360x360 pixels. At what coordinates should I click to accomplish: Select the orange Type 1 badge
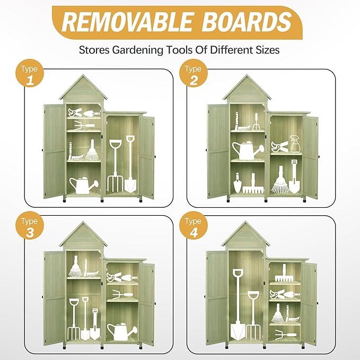[x=30, y=74]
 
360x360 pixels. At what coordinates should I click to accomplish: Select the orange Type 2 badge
[x=194, y=74]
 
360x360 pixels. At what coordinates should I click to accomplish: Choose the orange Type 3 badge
[x=30, y=226]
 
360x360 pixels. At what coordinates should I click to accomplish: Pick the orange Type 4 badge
[x=194, y=226]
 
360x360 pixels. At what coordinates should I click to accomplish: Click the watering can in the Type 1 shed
[x=84, y=186]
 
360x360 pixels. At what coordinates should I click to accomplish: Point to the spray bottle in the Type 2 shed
[x=295, y=144]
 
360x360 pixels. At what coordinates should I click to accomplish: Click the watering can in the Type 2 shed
[x=248, y=151]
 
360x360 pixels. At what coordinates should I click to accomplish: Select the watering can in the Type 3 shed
[x=122, y=331]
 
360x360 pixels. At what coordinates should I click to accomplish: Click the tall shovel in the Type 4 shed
[x=237, y=304]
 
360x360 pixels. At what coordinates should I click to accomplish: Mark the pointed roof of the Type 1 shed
[x=83, y=88]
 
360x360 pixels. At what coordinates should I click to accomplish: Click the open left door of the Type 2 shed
[x=218, y=152]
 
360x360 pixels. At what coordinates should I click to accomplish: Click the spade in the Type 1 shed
[x=130, y=164]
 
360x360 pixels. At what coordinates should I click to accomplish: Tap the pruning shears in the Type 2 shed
[x=279, y=146]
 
